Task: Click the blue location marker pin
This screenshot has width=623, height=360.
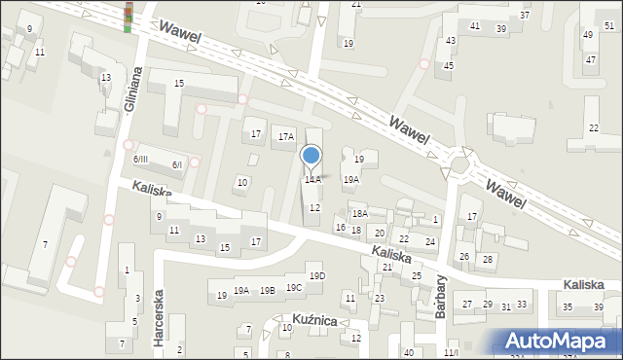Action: pyautogui.click(x=311, y=156)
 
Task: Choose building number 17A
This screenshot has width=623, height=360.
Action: pyautogui.click(x=285, y=136)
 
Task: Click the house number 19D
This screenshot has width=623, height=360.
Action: pyautogui.click(x=317, y=276)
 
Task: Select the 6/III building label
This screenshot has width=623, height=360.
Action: pyautogui.click(x=141, y=160)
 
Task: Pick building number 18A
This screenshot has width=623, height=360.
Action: pyautogui.click(x=359, y=213)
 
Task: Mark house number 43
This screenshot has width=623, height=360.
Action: pyautogui.click(x=451, y=40)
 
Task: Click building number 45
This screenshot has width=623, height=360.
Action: pyautogui.click(x=449, y=65)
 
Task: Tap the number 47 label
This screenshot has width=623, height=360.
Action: pyautogui.click(x=591, y=59)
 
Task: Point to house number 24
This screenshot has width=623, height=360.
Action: pyautogui.click(x=429, y=240)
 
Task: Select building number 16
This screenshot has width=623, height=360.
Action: pyautogui.click(x=340, y=228)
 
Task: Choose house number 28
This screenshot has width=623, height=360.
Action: pyautogui.click(x=488, y=259)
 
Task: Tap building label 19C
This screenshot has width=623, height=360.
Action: pyautogui.click(x=294, y=287)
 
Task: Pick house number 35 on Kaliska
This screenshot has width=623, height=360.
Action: pyautogui.click(x=568, y=307)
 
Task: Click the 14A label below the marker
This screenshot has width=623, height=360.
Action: pyautogui.click(x=312, y=180)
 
